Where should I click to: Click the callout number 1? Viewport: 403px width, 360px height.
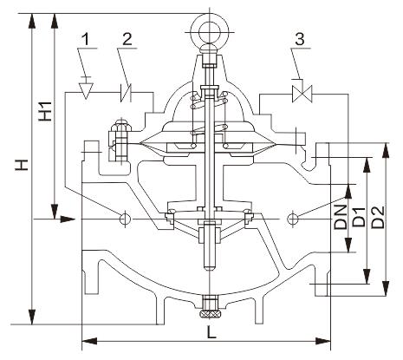tap(86, 40)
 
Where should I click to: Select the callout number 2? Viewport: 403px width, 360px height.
tap(127, 39)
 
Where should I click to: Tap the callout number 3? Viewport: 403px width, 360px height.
tap(300, 39)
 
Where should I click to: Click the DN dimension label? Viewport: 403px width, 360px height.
tap(341, 218)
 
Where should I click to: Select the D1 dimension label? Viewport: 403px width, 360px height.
tap(360, 218)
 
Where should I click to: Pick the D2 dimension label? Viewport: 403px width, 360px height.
tap(379, 218)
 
